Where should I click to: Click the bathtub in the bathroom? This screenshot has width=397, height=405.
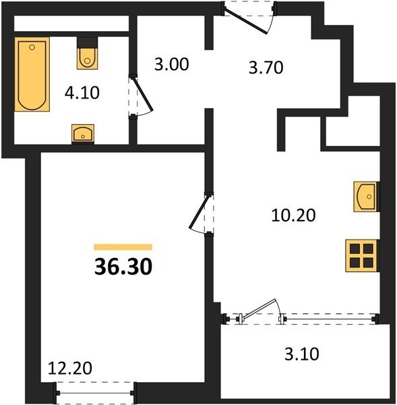coord(32,74)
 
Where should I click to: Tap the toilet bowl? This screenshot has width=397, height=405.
coord(88,58)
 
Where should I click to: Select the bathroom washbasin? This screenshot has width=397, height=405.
coord(83,134)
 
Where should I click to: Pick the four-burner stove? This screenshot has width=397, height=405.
coord(362,256)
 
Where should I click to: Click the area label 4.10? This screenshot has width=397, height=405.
coord(82,92)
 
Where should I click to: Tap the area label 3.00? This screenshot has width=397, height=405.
coord(172,64)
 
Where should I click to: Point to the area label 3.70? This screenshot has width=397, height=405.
coord(266,67)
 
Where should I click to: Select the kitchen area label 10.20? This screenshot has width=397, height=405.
coord(294,215)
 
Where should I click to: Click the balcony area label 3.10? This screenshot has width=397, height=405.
coord(302,354)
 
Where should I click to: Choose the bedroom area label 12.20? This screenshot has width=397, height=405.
coord(70,368)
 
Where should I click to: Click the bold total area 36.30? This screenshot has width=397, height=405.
coord(123,267)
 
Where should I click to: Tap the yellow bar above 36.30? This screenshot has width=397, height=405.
coord(123,247)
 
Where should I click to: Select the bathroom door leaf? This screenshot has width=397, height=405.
coord(143,94)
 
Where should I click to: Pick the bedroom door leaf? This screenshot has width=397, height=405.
coord(199,212)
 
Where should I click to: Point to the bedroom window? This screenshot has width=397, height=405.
coord(94,393)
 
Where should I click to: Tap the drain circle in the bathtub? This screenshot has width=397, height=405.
coord(32,47)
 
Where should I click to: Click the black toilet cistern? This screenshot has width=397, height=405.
coord(88,43)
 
